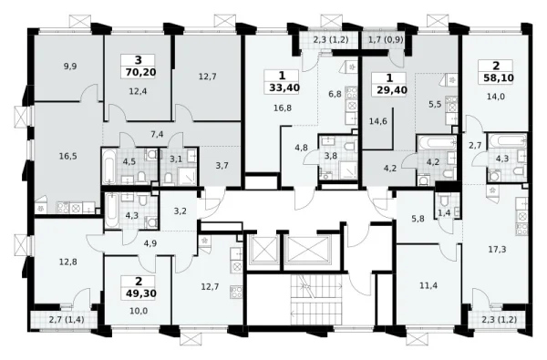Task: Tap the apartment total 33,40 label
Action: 284,87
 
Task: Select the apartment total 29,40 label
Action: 392,90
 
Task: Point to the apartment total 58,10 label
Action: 499,77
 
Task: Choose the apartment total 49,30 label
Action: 141,293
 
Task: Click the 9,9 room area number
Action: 70,67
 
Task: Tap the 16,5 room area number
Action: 67,156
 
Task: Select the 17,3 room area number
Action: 497,249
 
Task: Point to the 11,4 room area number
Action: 428,285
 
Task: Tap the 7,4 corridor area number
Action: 157,134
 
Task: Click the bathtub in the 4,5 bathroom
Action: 108,166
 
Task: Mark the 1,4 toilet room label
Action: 444,212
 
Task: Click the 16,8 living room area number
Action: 283,108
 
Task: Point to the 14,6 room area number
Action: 378,121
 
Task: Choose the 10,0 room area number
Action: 139,311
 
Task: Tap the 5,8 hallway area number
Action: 418,219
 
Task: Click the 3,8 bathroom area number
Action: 330,156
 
